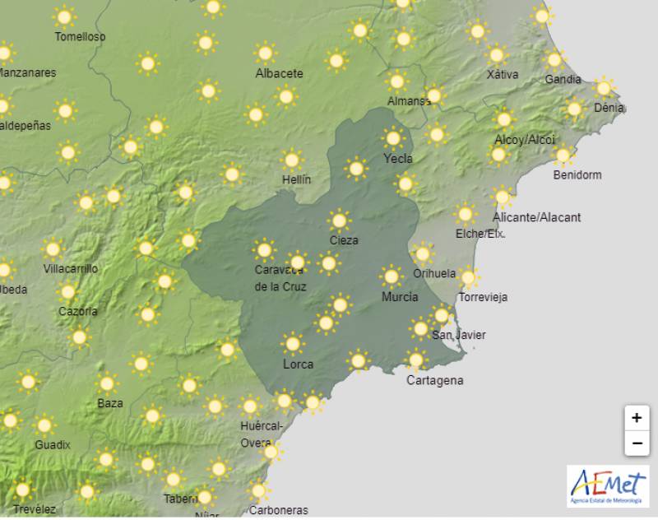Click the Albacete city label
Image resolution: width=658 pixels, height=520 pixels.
[x=279, y=73]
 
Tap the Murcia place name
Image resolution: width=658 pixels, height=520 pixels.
[x=400, y=297]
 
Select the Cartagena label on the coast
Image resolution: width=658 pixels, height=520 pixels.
[x=435, y=380]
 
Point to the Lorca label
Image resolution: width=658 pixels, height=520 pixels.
[x=298, y=364]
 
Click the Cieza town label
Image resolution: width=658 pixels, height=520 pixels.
[x=343, y=240]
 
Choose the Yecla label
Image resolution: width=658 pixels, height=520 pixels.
[x=398, y=158]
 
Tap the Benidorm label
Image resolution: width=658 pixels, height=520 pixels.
[x=577, y=174]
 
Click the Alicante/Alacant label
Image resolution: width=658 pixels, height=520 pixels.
[x=536, y=217]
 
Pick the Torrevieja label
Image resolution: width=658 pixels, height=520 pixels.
[x=483, y=297]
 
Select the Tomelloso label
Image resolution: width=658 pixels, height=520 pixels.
[x=80, y=36]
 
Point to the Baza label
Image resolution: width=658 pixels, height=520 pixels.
[x=110, y=403]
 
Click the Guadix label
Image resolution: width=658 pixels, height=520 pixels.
[x=53, y=444]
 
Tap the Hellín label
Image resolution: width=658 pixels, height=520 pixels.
[x=296, y=179]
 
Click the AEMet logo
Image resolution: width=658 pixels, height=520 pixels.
[x=608, y=486]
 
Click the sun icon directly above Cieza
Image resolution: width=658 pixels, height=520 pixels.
[x=339, y=221]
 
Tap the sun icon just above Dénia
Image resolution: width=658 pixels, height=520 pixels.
[x=605, y=87]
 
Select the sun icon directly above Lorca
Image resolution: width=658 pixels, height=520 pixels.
[x=292, y=343]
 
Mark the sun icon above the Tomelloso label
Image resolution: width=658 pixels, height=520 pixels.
[x=63, y=16]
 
